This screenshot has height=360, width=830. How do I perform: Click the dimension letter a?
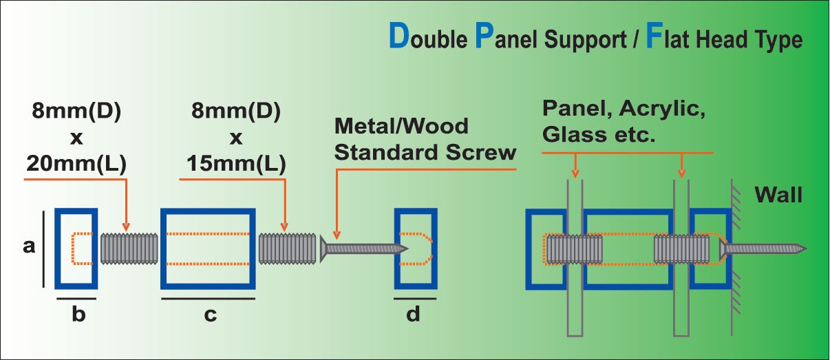[x=29, y=246]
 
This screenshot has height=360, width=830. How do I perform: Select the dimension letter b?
[x=78, y=315]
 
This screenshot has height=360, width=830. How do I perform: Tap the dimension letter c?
[x=210, y=315]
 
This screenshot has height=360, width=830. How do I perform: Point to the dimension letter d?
[x=413, y=315]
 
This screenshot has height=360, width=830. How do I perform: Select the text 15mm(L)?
[x=235, y=165]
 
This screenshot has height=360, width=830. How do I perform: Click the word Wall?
[x=778, y=195]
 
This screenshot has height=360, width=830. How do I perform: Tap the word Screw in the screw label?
[x=482, y=152]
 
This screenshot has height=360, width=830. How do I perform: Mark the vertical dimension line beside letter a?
[x=45, y=248]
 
